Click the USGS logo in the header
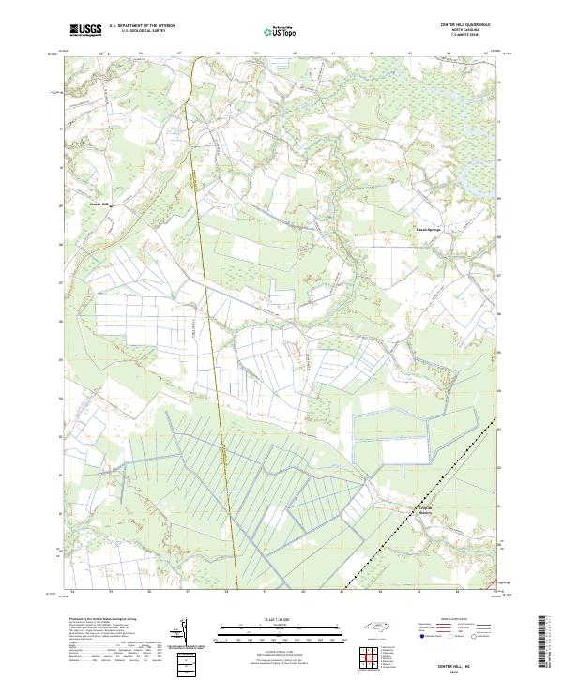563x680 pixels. coord(86,30)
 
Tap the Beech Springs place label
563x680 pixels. coord(428,228)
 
